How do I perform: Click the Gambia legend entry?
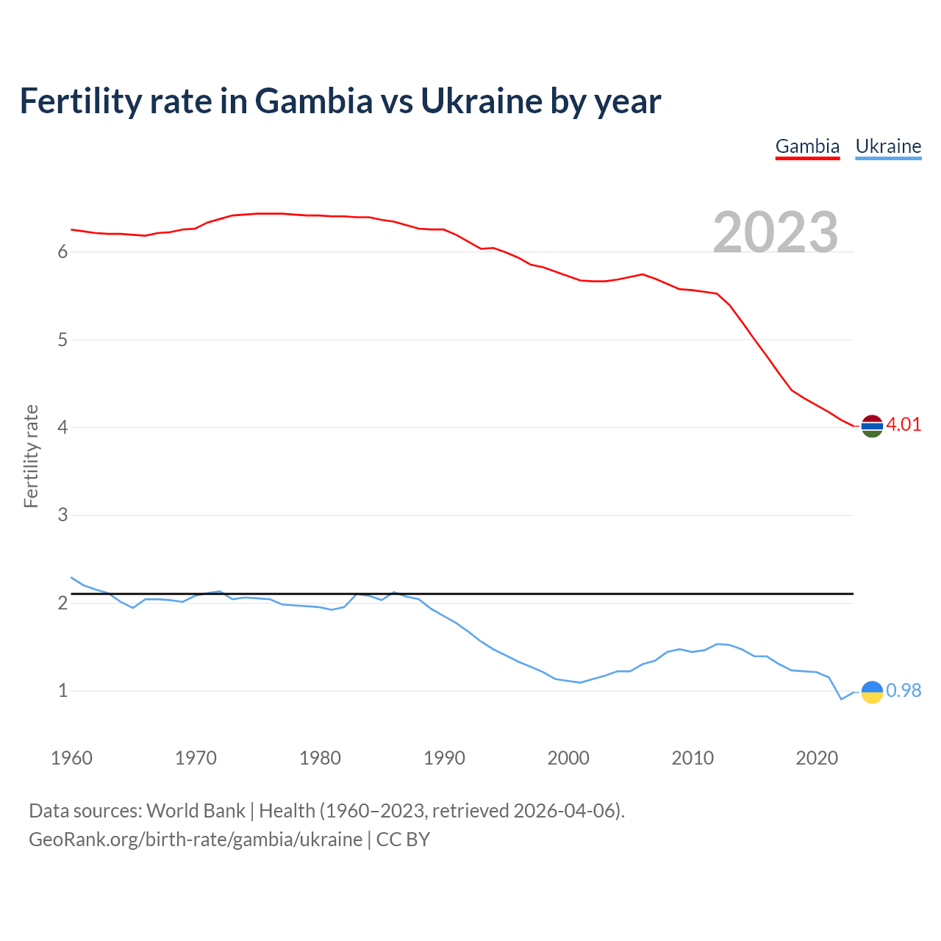(807, 146)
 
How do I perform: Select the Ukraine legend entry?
(888, 146)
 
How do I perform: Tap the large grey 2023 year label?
(776, 232)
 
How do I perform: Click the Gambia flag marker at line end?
(872, 426)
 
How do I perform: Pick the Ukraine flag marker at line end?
(872, 692)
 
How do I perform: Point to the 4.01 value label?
(904, 425)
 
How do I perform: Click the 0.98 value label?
(904, 691)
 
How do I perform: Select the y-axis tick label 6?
(62, 252)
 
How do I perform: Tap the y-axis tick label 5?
(62, 340)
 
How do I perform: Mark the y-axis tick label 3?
(62, 515)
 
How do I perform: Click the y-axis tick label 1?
(62, 691)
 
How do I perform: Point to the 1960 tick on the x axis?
(71, 758)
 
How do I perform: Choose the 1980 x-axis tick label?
(320, 758)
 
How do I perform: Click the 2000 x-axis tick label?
(568, 758)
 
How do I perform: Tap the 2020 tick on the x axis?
(817, 758)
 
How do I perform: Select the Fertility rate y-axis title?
(31, 456)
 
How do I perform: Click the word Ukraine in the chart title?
(481, 101)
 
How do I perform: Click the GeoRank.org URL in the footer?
(196, 840)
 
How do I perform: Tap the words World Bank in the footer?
(196, 811)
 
